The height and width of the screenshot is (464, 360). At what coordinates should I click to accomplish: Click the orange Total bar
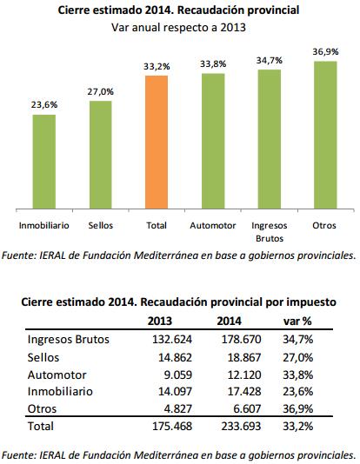point(157,142)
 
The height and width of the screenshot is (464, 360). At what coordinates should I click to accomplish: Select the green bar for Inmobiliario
point(43,162)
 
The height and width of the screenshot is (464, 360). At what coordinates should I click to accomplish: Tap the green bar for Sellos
point(100,155)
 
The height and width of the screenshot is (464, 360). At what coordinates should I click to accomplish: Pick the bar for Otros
point(325,135)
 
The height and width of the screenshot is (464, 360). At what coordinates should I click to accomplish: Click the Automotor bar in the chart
point(213,141)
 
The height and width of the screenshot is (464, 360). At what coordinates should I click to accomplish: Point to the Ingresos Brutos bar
point(269,139)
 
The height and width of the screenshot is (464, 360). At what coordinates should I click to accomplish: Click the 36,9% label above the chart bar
point(325,52)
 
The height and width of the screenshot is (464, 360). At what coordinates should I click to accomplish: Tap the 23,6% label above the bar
point(44,105)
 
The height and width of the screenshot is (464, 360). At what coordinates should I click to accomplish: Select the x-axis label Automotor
point(213,226)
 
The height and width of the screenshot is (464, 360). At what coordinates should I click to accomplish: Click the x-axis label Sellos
point(101,226)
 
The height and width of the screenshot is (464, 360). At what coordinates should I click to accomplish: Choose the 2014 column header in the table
point(230,321)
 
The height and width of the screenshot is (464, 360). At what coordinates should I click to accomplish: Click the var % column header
point(297,321)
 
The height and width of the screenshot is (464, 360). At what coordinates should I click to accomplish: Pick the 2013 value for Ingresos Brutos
point(172,339)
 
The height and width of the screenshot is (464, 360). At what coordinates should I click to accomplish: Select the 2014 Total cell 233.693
point(241,426)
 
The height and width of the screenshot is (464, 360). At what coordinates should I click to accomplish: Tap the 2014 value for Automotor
point(244,375)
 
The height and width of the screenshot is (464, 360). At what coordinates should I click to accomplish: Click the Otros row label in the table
point(42,409)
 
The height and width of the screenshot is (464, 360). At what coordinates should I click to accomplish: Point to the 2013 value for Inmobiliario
point(175,392)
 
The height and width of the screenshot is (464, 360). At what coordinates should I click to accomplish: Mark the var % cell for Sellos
point(298,357)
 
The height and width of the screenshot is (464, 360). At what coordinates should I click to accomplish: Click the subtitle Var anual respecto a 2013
point(178,28)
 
